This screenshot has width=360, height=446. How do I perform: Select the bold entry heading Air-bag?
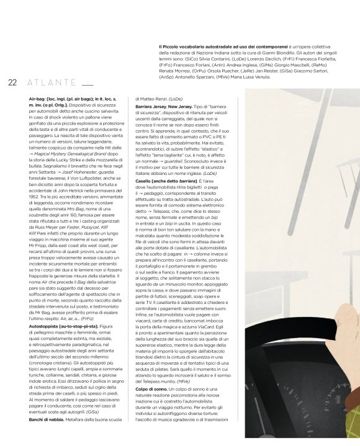click(x=38, y=99)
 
